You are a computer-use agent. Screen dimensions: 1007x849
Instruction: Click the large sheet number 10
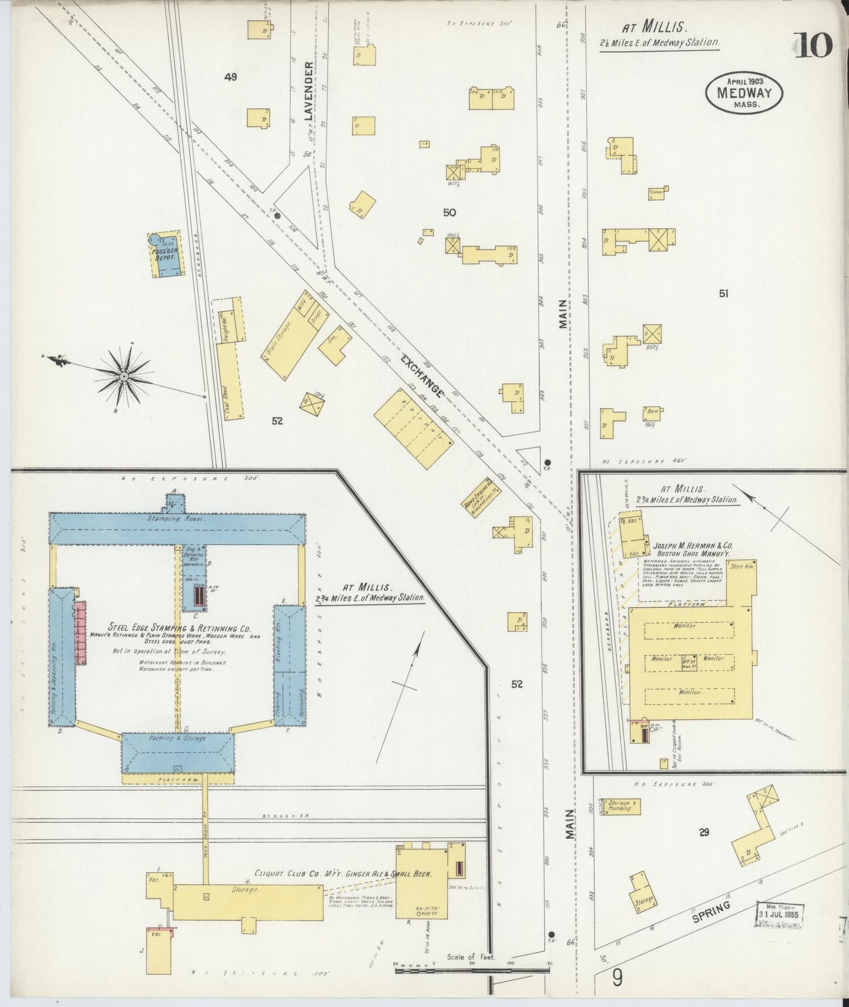tap(814, 45)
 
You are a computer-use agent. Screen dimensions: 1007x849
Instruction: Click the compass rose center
tap(125, 375)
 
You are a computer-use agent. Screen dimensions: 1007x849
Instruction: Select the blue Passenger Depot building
tap(166, 256)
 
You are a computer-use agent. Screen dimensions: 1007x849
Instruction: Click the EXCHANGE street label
tap(422, 374)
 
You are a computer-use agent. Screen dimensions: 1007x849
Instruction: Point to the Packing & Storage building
tap(177, 753)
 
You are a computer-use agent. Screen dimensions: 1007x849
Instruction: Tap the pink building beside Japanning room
tap(80, 632)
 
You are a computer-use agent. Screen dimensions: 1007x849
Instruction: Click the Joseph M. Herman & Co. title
tap(693, 546)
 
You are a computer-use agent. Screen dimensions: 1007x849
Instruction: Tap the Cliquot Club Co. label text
tap(343, 874)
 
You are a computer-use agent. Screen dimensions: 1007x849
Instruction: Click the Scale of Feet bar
tap(472, 971)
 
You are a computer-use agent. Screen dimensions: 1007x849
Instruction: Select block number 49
tap(230, 77)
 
